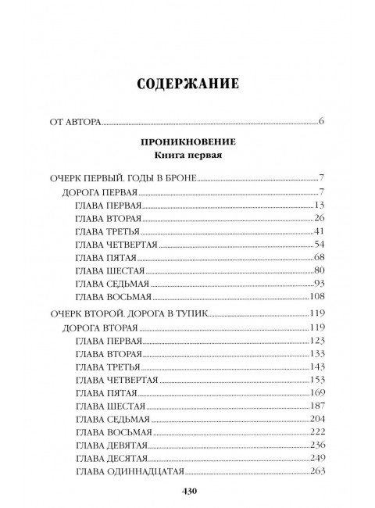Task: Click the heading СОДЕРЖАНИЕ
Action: pos(187,82)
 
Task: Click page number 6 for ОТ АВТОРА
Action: pos(322,122)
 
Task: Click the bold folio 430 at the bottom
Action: pos(187,491)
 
